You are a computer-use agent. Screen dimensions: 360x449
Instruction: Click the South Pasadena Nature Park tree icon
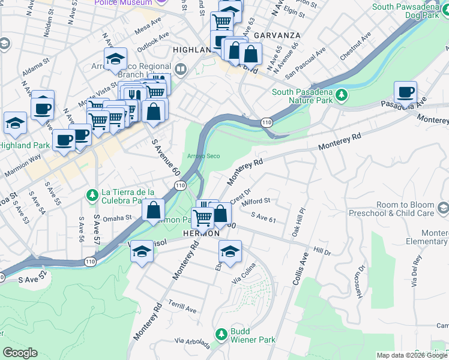342,95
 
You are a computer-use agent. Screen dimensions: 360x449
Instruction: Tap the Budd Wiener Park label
252,340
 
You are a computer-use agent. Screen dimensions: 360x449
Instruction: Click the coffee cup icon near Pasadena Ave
405,93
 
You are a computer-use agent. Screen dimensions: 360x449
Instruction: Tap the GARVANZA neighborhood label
276,35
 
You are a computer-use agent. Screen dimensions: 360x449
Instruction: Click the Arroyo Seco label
203,156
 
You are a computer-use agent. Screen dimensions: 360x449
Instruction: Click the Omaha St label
116,218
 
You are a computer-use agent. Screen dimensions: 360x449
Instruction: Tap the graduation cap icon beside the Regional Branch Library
115,59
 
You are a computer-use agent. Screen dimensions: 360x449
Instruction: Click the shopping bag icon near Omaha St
154,210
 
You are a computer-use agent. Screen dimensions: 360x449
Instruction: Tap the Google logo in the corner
20,353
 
